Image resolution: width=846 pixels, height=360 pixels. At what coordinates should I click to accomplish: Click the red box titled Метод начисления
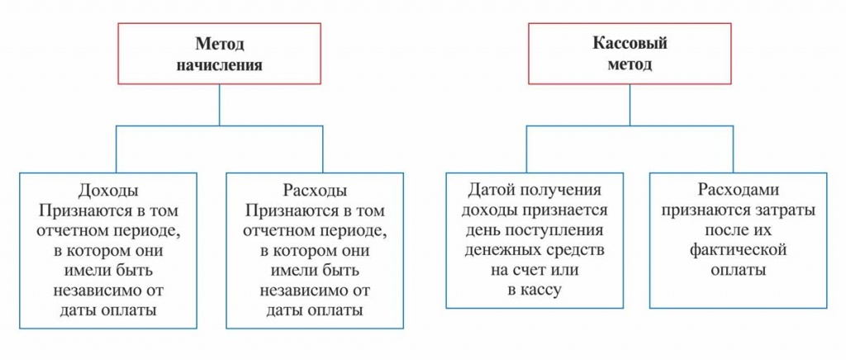coord(220,54)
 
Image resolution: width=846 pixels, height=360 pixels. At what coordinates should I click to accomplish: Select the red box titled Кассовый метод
coord(630,54)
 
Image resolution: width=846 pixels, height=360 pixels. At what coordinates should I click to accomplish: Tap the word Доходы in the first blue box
coord(107,190)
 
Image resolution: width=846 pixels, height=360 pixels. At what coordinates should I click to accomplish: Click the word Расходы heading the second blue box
coord(314,190)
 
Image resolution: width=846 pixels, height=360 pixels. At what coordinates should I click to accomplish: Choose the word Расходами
coord(738,189)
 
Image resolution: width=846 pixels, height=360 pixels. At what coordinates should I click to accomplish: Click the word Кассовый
coord(630,44)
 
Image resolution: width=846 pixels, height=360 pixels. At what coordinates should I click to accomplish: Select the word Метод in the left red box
coord(220,44)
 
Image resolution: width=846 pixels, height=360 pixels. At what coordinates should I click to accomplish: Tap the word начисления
coord(220,65)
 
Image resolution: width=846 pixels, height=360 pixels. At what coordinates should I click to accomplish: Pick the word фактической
coord(738,249)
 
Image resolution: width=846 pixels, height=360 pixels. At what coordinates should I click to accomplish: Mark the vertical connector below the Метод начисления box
coord(220,104)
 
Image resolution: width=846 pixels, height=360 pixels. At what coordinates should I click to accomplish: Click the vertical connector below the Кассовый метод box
coord(630,104)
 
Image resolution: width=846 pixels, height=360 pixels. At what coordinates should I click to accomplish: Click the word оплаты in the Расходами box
coord(738,270)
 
